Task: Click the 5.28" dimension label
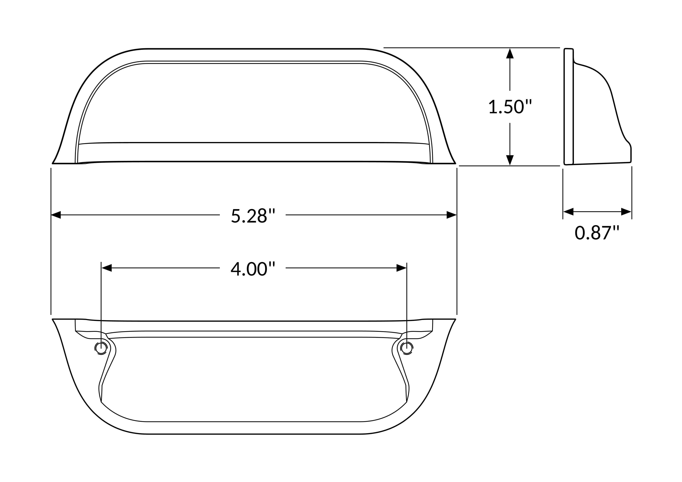[253, 215]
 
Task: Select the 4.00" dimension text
[253, 269]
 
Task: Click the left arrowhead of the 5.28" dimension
[56, 215]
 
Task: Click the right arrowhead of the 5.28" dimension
[452, 215]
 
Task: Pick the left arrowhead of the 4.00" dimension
[107, 268]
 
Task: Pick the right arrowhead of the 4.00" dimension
[401, 268]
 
